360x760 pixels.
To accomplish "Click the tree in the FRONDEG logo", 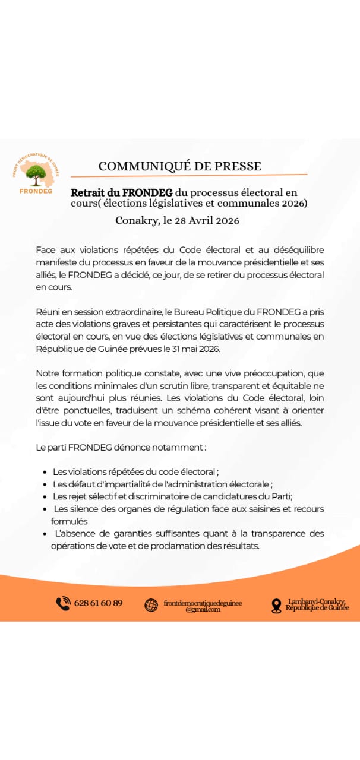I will [x=36, y=173].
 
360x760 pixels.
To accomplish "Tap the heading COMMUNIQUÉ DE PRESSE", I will [x=179, y=166].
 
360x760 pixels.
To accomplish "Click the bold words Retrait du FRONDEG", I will [x=122, y=193].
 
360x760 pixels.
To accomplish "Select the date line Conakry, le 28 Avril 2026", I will [x=177, y=221].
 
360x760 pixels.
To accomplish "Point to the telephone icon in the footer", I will [x=63, y=603].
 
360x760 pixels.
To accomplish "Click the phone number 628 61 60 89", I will [x=99, y=603].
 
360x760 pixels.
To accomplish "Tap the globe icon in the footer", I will [x=151, y=605].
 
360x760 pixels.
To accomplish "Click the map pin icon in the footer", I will [x=276, y=606].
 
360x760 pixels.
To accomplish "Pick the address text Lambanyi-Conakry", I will [x=316, y=601].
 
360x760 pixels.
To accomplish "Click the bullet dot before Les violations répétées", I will [x=46, y=473].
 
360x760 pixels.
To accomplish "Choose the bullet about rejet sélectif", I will [x=173, y=496].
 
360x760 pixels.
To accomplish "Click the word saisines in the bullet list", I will [x=267, y=509].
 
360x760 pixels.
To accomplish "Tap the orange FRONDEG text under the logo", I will [x=36, y=191].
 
